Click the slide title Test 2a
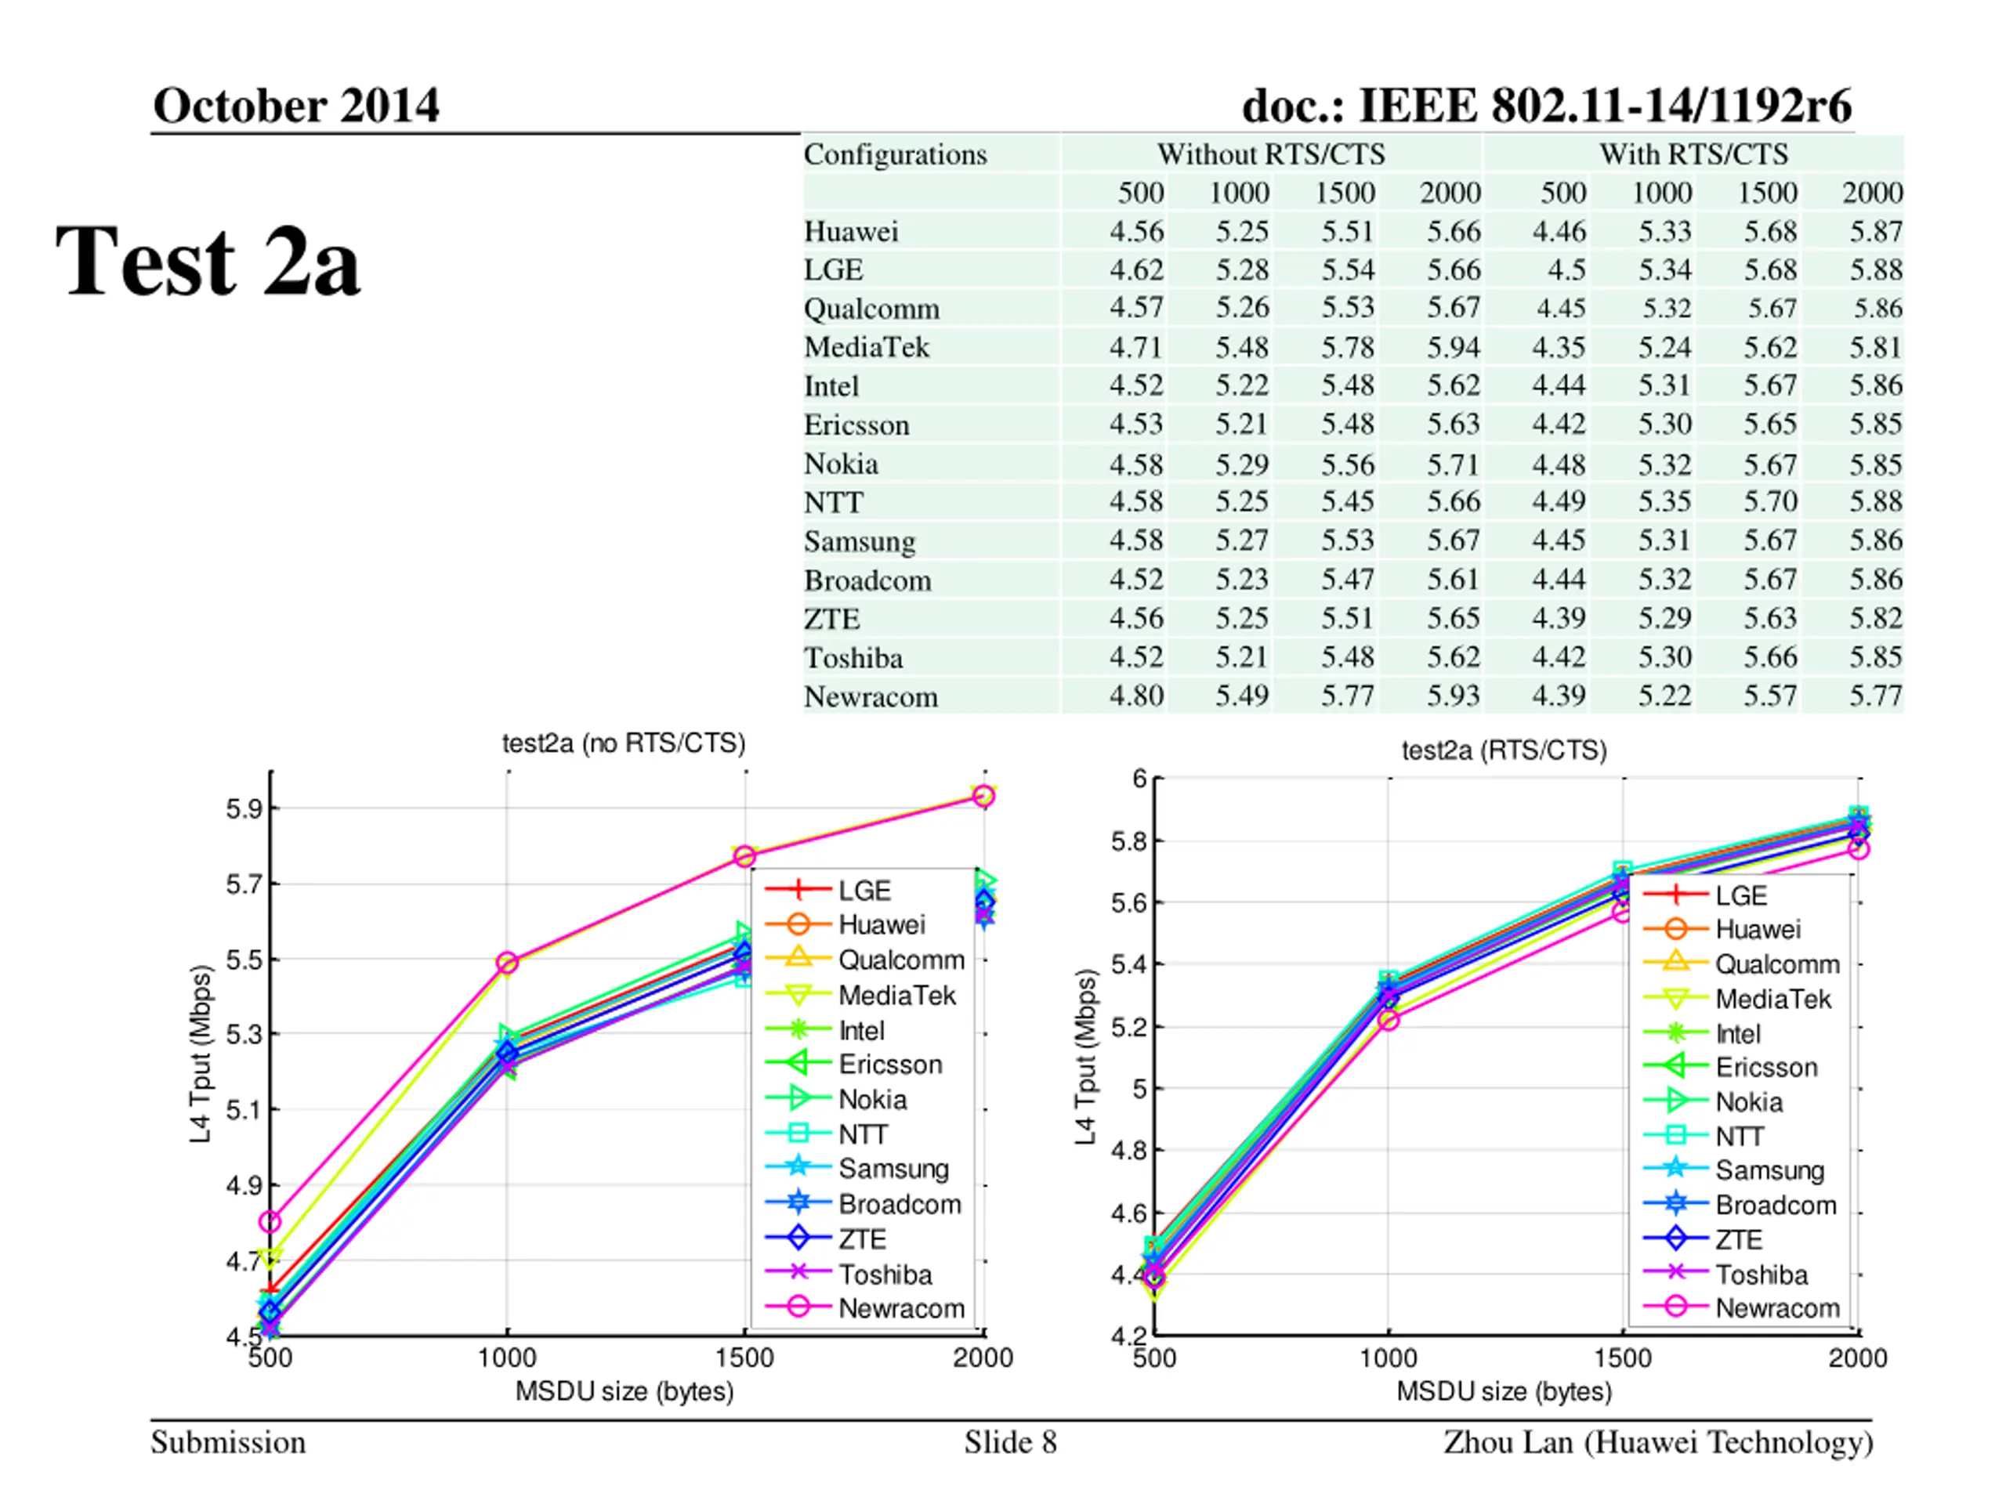point(208,262)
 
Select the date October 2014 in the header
point(295,105)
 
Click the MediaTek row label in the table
point(866,347)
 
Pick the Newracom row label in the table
point(871,696)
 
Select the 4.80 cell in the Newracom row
point(1136,696)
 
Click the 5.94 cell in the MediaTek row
point(1453,347)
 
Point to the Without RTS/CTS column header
point(1270,154)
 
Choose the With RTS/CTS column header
point(1693,154)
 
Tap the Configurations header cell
point(895,154)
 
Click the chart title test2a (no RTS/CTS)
point(624,743)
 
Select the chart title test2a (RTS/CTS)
point(1504,750)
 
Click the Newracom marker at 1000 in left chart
point(508,962)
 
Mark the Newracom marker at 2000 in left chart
point(983,796)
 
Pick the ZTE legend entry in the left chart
point(861,1238)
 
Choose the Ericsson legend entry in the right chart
point(1765,1067)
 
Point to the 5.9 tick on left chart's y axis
point(244,808)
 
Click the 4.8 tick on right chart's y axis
point(1130,1151)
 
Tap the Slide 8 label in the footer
point(1010,1442)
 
